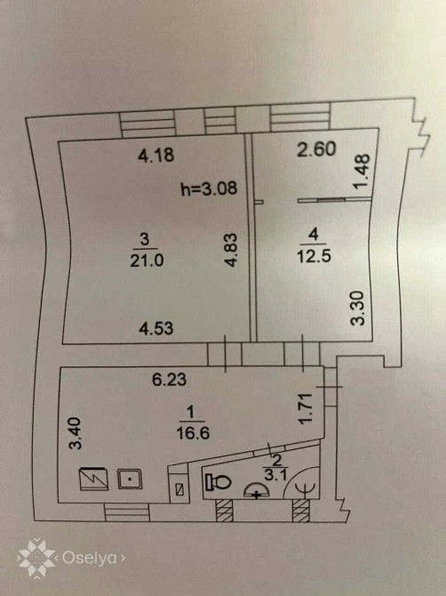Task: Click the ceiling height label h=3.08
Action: [x=209, y=189]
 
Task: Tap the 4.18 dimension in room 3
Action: [x=156, y=155]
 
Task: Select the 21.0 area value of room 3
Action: [x=147, y=261]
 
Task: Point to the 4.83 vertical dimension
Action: [x=231, y=249]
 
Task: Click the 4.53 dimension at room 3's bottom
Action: [x=156, y=328]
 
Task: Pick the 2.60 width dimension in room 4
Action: [x=316, y=149]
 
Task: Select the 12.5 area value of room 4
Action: [x=314, y=256]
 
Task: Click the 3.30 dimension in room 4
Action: [x=357, y=308]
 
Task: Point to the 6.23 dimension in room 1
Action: [x=170, y=379]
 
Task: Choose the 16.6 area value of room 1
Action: [x=193, y=432]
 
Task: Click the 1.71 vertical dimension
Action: [x=305, y=408]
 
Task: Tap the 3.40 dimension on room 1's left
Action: [x=76, y=433]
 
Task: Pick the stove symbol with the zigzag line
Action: [x=93, y=479]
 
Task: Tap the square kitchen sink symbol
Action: [x=130, y=479]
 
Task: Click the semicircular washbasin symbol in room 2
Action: [x=257, y=490]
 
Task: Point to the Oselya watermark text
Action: [x=89, y=558]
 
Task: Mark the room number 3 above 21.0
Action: [x=145, y=240]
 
